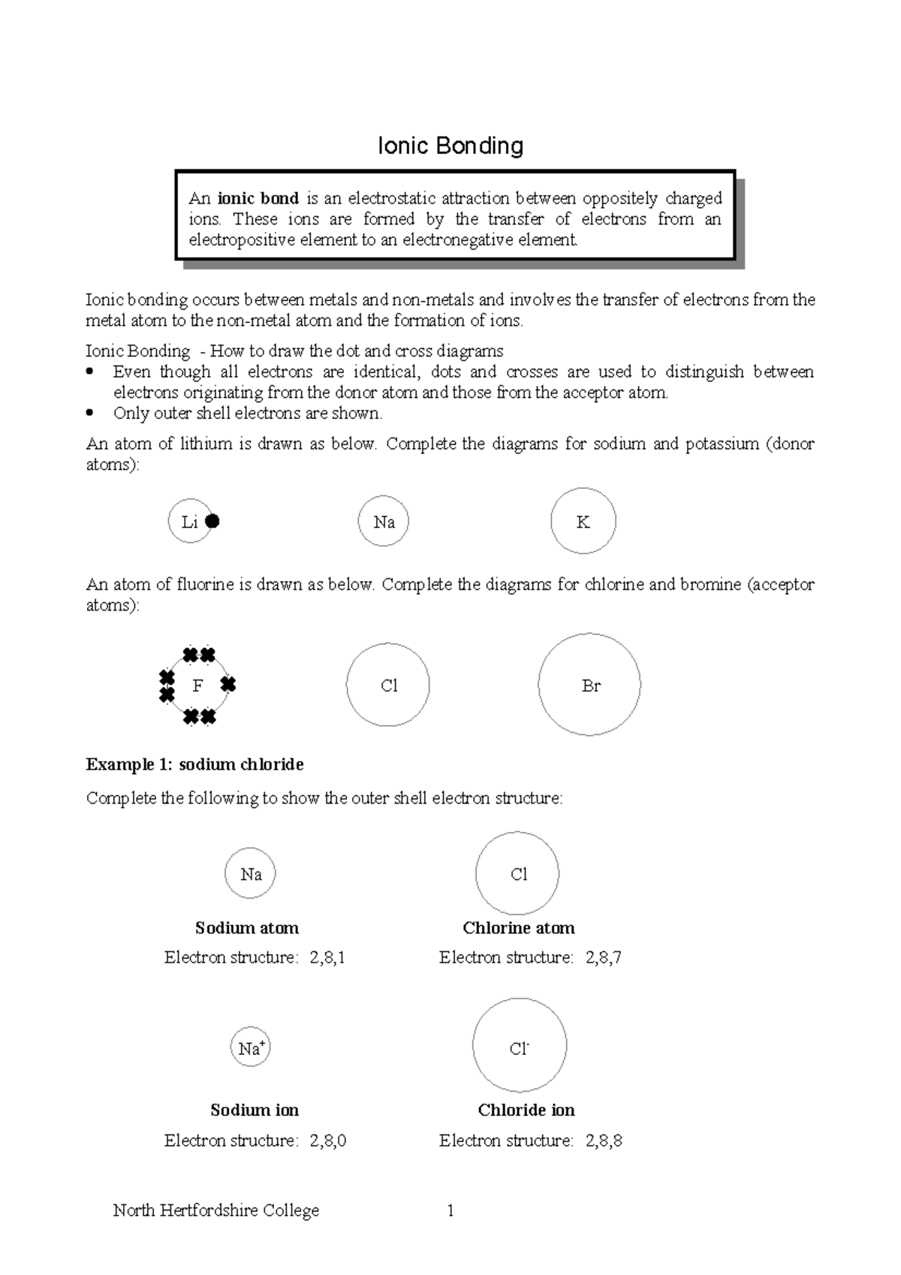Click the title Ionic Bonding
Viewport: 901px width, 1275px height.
coord(450,146)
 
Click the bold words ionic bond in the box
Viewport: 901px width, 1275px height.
coord(258,199)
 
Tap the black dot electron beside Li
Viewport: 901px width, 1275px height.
coord(212,521)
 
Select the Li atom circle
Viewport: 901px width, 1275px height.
coord(188,521)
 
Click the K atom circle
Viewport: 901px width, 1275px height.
coord(583,522)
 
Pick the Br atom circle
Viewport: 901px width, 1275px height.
coord(589,685)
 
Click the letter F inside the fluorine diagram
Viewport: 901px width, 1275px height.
coord(197,686)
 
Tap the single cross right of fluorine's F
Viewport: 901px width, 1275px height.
coord(228,684)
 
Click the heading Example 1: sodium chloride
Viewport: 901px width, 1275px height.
coord(194,764)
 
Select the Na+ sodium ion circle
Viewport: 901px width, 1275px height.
coord(250,1047)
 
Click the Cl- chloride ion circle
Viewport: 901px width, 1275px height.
coord(519,1046)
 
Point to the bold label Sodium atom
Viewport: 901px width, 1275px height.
coord(246,928)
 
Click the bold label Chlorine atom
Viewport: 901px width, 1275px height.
coord(518,928)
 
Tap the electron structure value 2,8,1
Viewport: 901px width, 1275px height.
coord(327,957)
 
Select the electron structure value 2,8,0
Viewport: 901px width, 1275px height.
coord(327,1141)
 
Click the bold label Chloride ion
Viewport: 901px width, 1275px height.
coord(526,1111)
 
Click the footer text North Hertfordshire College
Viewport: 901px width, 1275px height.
coord(215,1210)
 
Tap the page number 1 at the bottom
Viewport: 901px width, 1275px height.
coord(450,1210)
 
